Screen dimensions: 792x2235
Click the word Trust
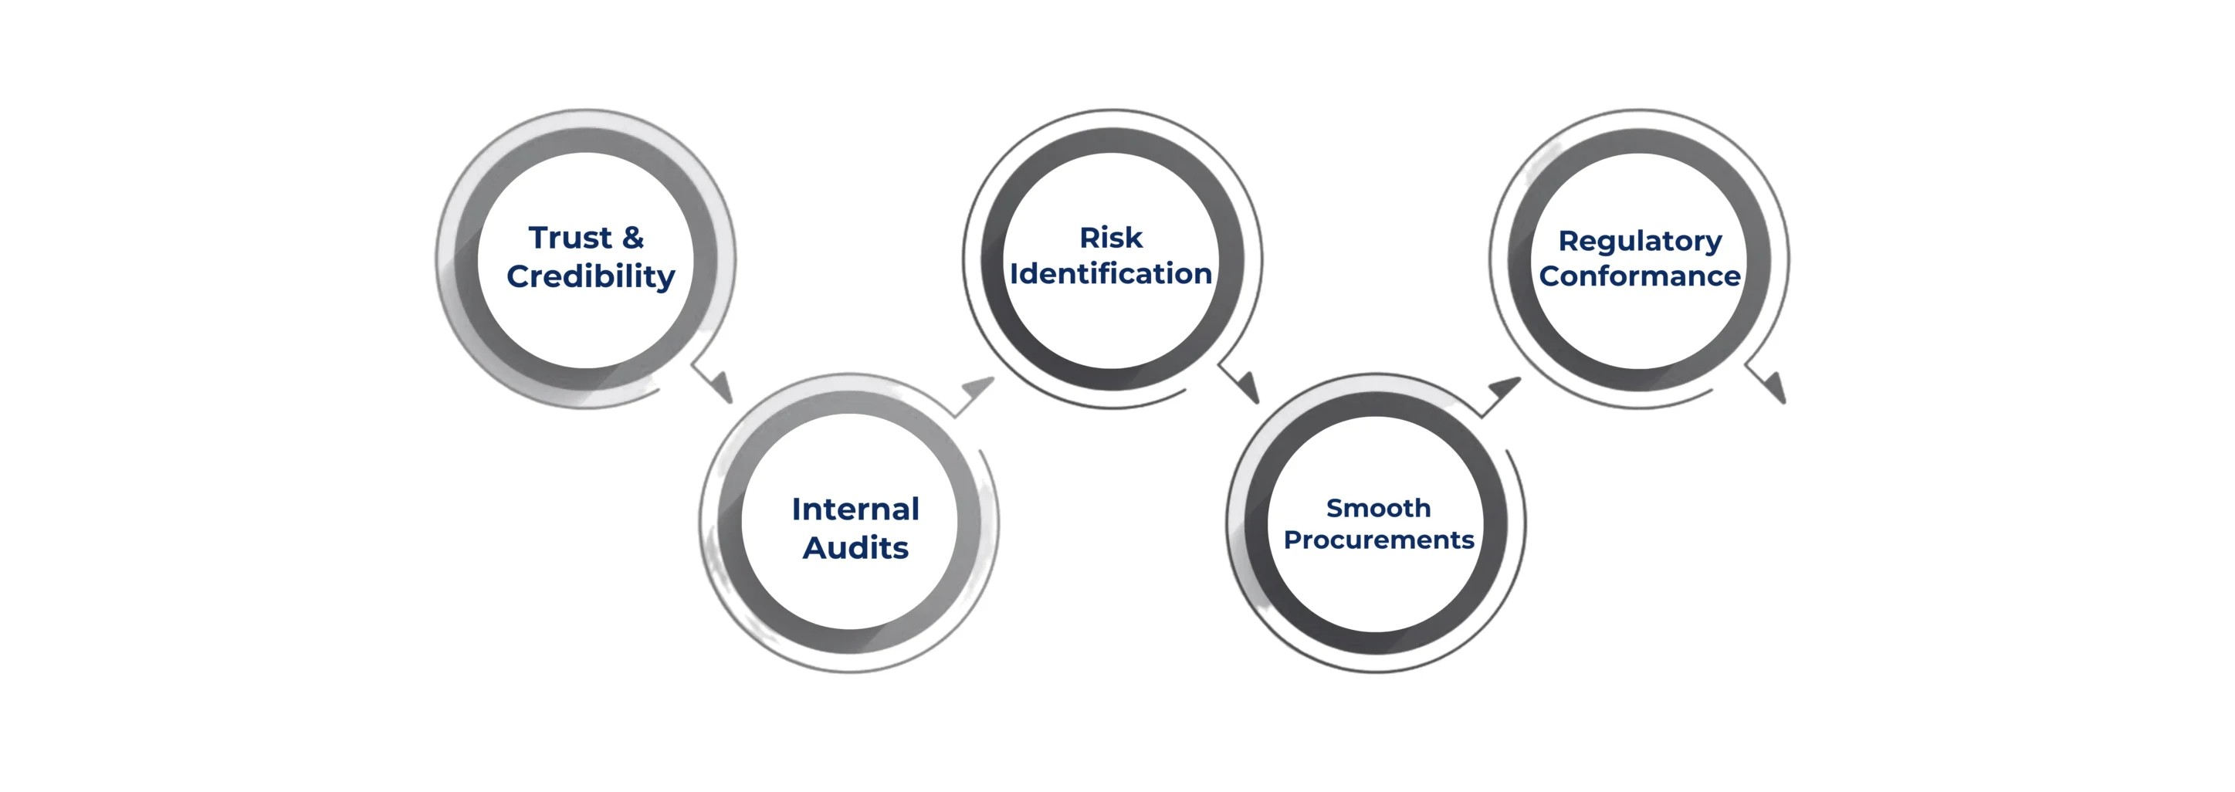click(x=570, y=238)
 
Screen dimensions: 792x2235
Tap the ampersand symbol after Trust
click(x=632, y=238)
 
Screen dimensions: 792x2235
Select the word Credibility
click(x=590, y=276)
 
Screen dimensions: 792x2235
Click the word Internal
click(x=855, y=509)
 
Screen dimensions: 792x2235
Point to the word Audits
click(x=855, y=548)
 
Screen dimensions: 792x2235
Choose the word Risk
click(x=1111, y=238)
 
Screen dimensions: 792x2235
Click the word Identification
click(x=1111, y=274)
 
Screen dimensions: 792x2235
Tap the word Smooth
click(x=1378, y=509)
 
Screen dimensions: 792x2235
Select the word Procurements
click(x=1378, y=540)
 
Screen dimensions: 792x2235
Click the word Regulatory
click(x=1639, y=241)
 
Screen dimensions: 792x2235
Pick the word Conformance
click(x=1639, y=276)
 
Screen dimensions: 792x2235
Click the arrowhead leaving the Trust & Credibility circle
click(x=722, y=387)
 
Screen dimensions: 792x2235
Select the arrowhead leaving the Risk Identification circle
click(x=1249, y=387)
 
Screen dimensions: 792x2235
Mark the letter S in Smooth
click(x=1334, y=509)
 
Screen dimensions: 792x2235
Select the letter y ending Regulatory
click(x=1714, y=244)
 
